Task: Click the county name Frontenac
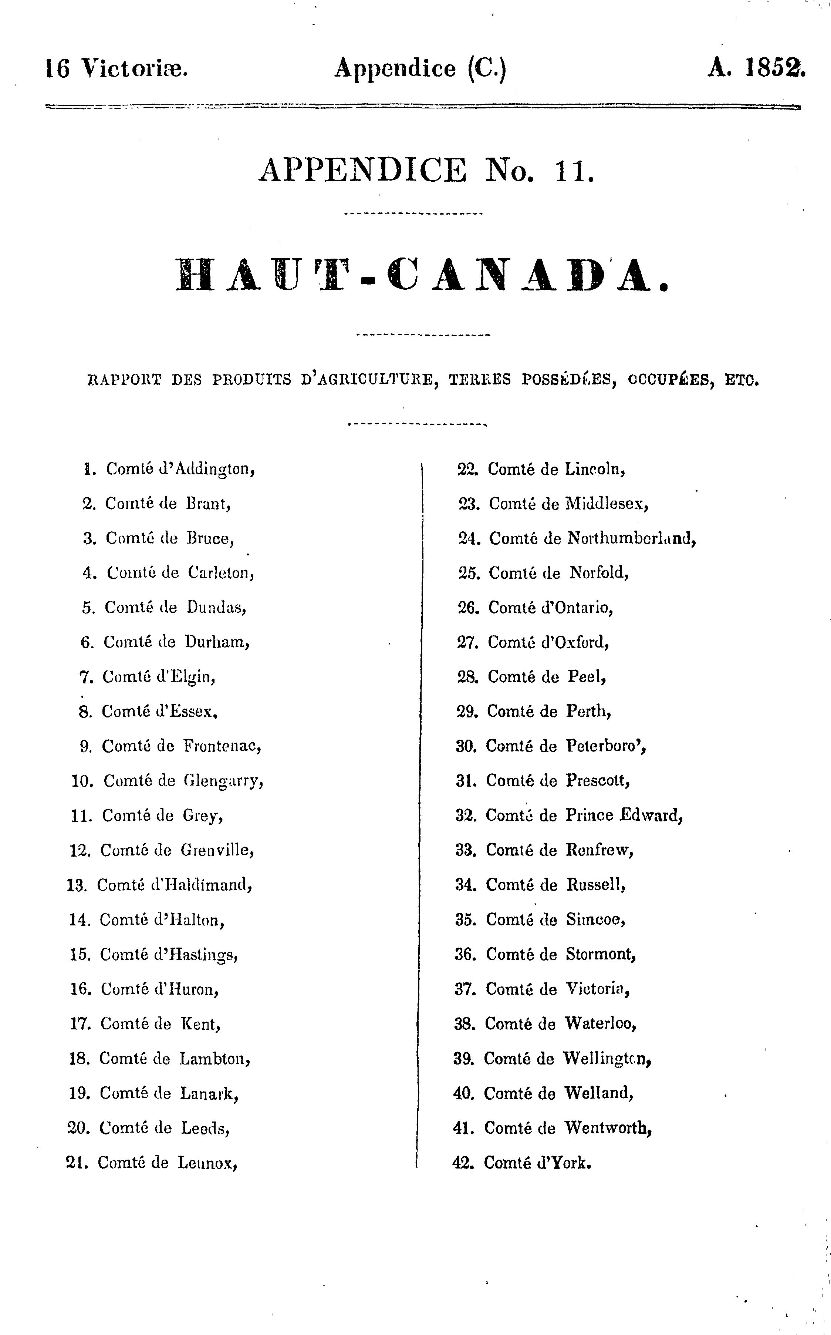pos(222,746)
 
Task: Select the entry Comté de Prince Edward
pos(584,816)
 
